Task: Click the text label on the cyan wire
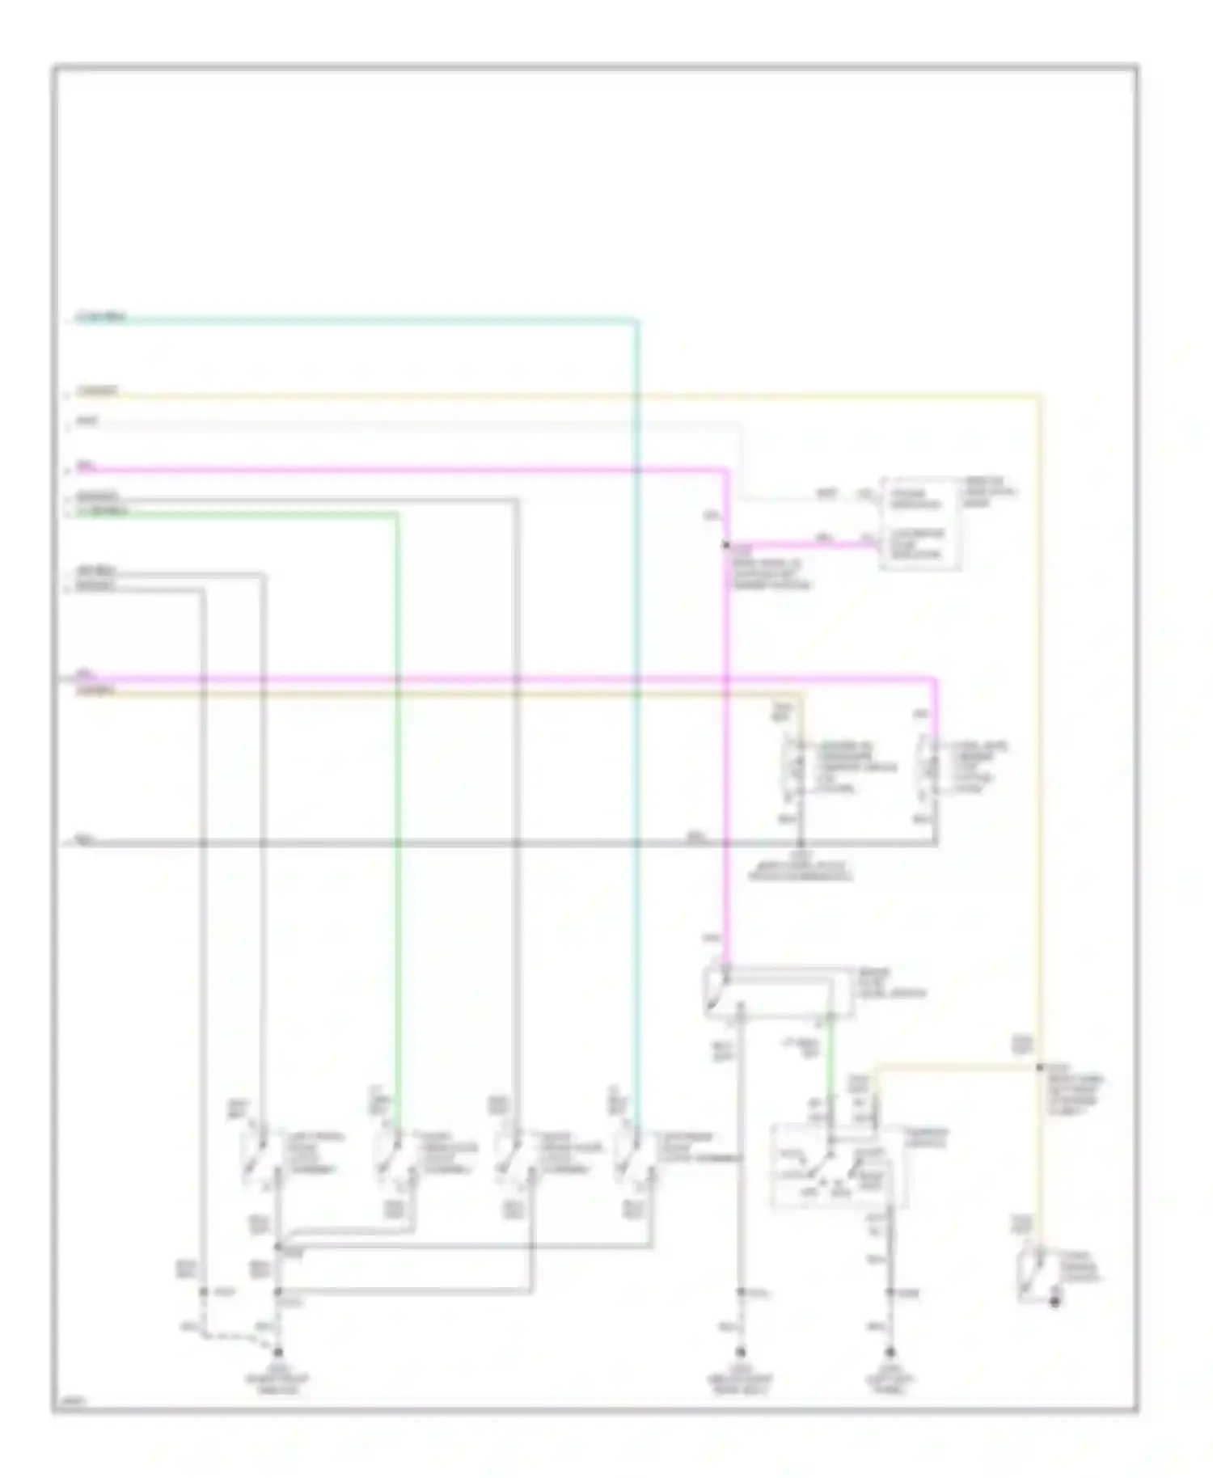pos(101,317)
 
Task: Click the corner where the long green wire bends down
pos(396,514)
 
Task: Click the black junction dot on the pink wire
pos(726,546)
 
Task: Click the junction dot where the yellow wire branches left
pos(1040,1067)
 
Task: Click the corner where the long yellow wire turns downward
pos(1038,397)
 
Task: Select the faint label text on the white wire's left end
pos(87,421)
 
